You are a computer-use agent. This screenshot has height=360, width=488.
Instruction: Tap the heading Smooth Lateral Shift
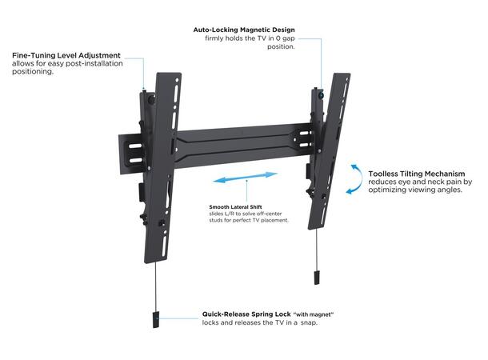(237, 206)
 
